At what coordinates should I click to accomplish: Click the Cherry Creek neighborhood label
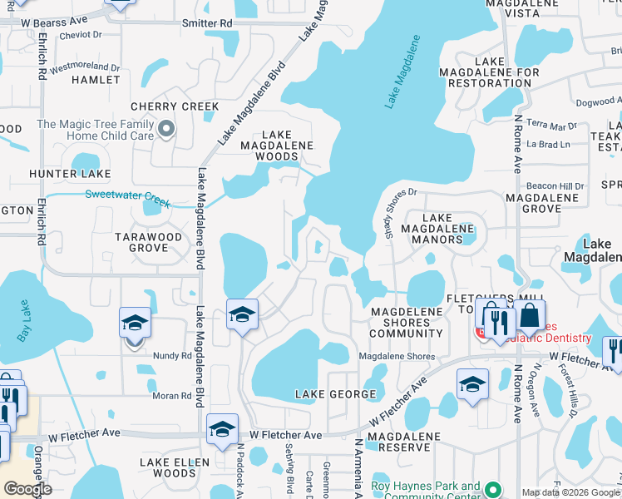click(175, 106)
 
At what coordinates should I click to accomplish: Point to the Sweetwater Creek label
click(127, 199)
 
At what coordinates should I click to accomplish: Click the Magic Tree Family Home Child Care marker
click(166, 129)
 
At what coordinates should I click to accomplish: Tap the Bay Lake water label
click(22, 326)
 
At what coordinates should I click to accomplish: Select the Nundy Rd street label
click(173, 355)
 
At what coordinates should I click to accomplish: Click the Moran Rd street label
click(172, 396)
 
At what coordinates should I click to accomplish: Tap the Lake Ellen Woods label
click(168, 467)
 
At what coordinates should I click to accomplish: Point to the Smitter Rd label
click(205, 24)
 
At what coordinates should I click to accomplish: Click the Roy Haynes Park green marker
click(492, 490)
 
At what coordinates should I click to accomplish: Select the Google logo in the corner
click(27, 488)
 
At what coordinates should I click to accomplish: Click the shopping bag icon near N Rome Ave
click(528, 315)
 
